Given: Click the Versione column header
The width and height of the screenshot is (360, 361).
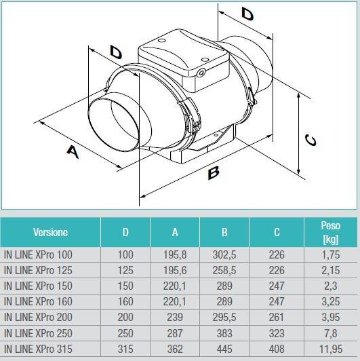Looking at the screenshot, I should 50,232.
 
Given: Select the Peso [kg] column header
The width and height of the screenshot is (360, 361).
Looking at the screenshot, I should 330,232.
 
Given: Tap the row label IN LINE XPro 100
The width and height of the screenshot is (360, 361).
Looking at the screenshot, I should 47,254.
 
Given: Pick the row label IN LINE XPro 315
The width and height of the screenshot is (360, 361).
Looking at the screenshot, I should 47,348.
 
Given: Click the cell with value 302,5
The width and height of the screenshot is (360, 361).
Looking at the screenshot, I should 224,254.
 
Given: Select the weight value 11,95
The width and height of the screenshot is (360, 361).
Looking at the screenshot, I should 330,348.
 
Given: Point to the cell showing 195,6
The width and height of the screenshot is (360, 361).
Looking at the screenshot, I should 175,270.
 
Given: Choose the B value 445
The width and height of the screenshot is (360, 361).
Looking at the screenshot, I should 224,348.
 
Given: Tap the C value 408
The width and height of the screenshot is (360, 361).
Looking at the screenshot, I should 276,348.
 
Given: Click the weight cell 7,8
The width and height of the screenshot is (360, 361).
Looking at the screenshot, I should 330,332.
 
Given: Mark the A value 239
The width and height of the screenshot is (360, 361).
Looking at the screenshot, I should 175,317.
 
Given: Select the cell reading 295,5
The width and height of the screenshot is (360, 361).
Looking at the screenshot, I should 224,317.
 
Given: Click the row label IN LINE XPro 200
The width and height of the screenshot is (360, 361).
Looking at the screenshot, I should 47,317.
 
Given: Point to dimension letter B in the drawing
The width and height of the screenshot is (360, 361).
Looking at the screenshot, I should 214,174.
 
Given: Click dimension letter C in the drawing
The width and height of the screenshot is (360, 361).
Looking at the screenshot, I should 309,139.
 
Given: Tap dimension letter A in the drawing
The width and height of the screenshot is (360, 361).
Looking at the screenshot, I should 73,153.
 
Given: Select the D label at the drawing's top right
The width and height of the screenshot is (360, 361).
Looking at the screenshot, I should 248,13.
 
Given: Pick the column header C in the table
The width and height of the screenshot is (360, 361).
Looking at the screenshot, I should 276,232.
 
